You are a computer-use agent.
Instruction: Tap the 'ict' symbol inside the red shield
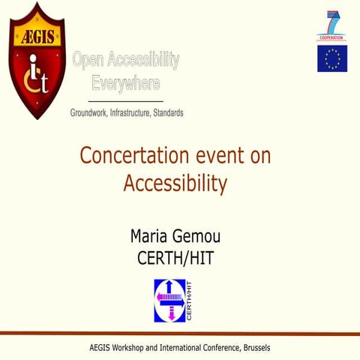point(36,76)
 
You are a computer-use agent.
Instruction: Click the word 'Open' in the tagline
point(88,61)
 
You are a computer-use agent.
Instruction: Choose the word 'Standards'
point(167,112)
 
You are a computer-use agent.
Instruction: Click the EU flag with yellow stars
point(331,58)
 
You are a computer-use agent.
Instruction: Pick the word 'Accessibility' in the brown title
point(175,182)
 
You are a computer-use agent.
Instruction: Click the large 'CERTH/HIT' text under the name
point(179,259)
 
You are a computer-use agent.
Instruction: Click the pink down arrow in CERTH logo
point(171,313)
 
